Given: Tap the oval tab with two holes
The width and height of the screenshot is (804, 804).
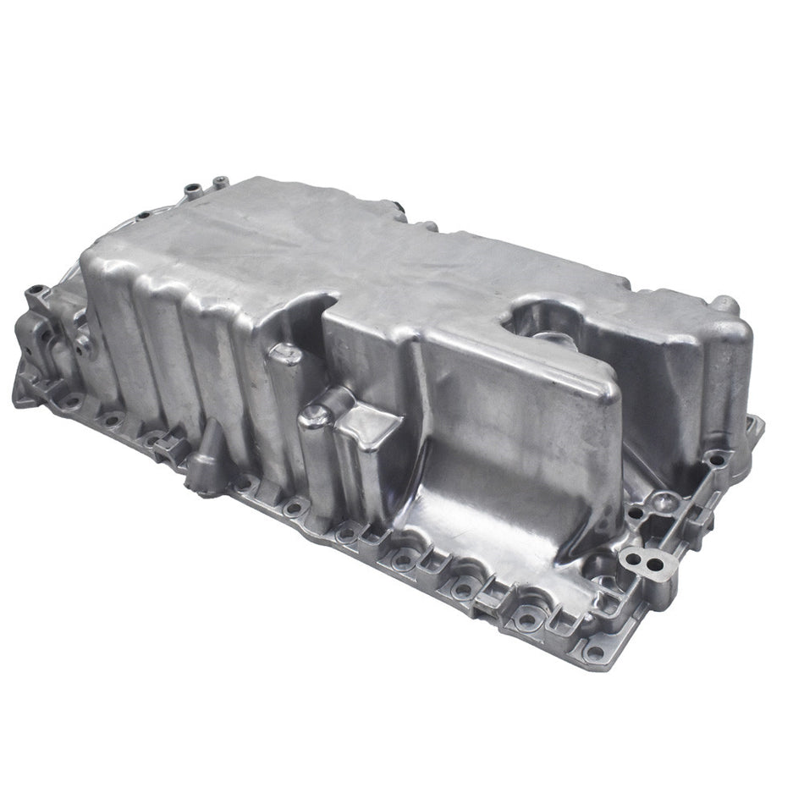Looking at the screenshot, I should (647, 559).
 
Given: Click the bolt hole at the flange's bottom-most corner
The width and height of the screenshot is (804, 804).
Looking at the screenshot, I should (595, 652).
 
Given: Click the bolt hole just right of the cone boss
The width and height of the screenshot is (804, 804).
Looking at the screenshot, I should (245, 484).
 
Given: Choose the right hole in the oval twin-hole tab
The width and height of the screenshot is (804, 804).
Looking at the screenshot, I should (656, 563).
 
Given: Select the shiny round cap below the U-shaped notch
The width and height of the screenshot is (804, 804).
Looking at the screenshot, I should (284, 354).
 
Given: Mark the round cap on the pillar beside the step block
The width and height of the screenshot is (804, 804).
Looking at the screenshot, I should (317, 413).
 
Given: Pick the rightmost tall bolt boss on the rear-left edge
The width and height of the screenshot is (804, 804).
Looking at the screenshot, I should (221, 180).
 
